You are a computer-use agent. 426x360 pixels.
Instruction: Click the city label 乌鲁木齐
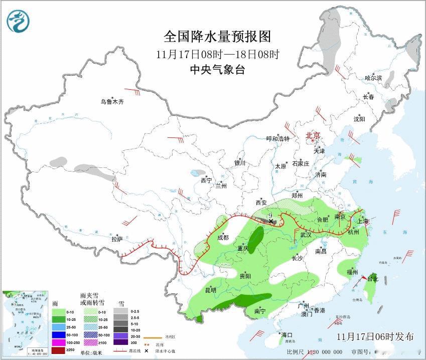[x=111, y=102]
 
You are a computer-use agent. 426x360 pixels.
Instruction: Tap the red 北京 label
[x=313, y=135]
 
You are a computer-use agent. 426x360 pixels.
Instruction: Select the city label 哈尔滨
[x=373, y=78]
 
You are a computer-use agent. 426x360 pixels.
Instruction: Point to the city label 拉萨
[x=117, y=239]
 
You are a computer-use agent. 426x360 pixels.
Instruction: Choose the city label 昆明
[x=211, y=290]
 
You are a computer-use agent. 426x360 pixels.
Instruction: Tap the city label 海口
[x=287, y=335]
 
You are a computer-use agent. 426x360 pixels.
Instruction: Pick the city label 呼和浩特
[x=278, y=139]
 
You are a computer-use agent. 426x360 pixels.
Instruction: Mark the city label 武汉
[x=306, y=235]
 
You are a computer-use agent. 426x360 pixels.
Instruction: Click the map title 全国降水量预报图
[x=217, y=37]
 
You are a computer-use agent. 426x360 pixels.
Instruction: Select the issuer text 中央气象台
[x=217, y=70]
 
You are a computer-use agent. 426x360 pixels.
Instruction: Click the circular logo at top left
[x=18, y=21]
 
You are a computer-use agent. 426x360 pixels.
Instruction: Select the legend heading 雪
[x=121, y=303]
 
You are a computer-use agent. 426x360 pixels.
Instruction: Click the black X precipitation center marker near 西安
[x=271, y=221]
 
